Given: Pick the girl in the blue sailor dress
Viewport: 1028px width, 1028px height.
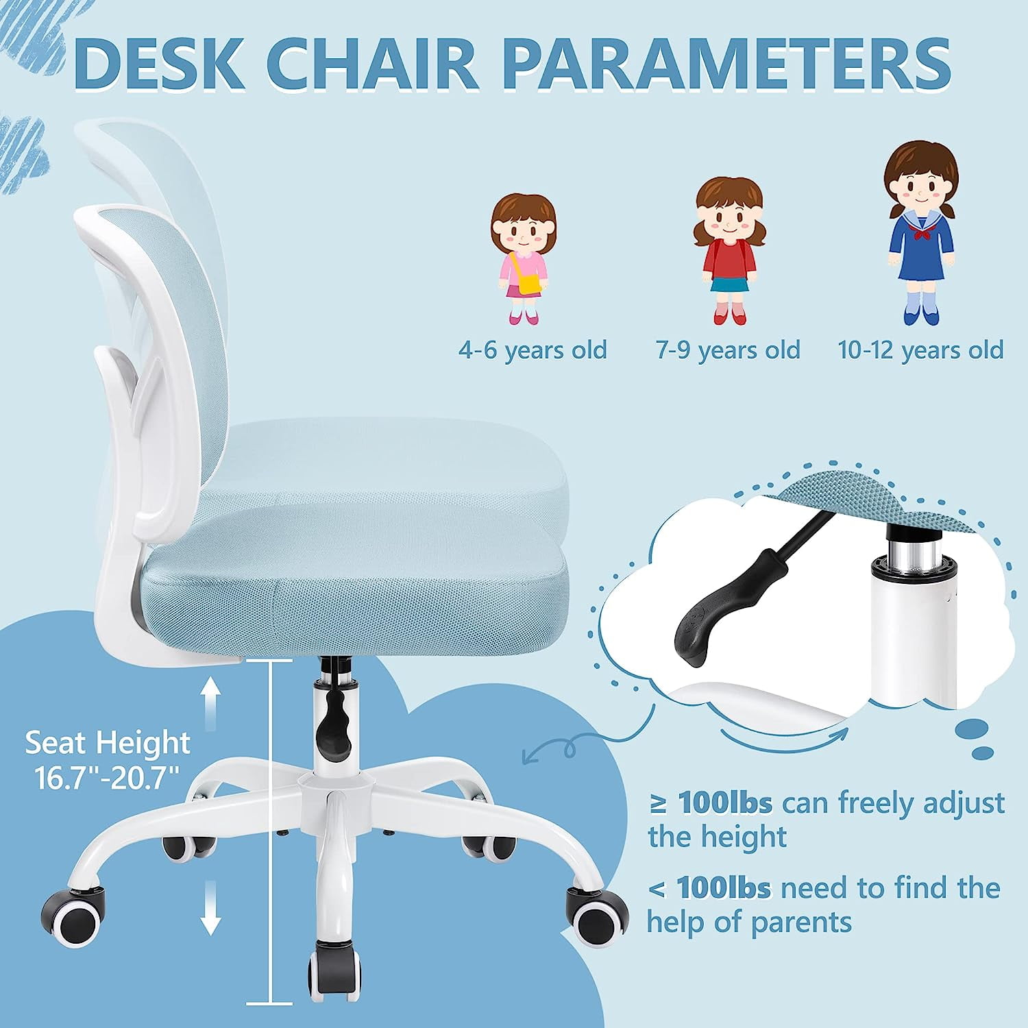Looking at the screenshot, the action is coord(920,234).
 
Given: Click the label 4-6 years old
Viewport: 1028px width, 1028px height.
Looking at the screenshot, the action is coord(533,350).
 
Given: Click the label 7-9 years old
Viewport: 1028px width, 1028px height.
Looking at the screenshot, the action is coord(728,350).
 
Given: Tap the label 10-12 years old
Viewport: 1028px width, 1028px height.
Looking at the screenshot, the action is coord(920,350).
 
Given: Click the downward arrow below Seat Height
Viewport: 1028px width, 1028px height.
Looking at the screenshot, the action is coord(211,907).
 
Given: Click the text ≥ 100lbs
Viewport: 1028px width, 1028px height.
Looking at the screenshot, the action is coord(710,803).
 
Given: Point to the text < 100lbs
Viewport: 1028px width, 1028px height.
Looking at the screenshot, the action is coord(709,888).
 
